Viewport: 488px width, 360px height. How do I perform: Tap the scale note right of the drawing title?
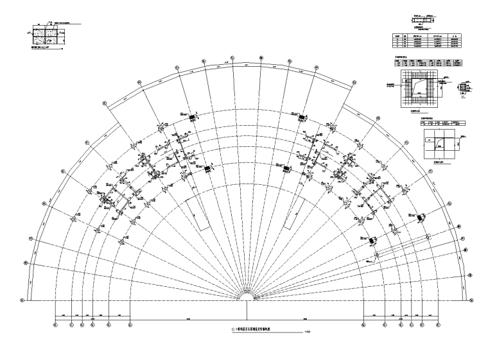[x=308, y=332]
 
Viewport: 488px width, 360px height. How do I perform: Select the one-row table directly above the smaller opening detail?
[x=442, y=121]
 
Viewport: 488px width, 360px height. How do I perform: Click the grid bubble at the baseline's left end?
[x=22, y=300]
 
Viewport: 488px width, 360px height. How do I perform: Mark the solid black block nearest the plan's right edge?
[x=421, y=218]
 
